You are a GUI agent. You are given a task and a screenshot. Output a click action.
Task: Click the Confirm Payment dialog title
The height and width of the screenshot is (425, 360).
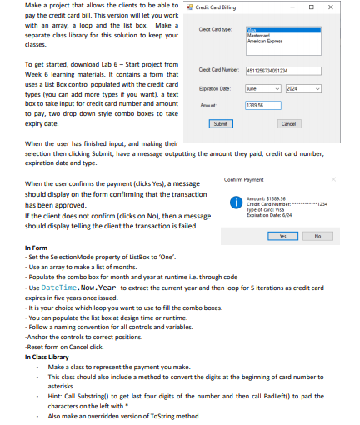243,179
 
